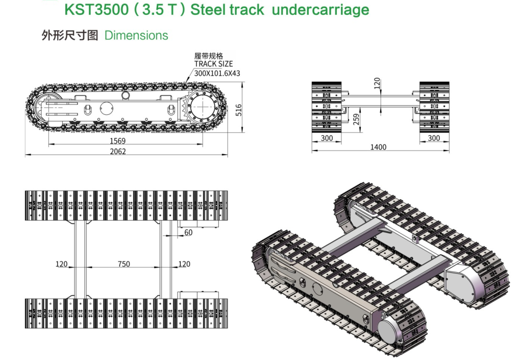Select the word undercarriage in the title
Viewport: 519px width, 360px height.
(320, 10)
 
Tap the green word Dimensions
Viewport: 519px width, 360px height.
(136, 35)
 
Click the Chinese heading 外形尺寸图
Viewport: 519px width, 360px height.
(69, 35)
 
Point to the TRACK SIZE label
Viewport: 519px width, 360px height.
(213, 64)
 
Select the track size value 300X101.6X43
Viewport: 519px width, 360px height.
(217, 73)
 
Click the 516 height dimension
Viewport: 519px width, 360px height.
(239, 109)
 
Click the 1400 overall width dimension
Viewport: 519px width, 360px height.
(378, 147)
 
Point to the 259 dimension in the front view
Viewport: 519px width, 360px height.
(356, 119)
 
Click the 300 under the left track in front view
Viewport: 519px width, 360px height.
(327, 138)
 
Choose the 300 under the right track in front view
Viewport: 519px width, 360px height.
(434, 138)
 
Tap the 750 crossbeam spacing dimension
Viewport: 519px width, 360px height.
(123, 264)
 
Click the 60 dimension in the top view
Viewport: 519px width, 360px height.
(188, 232)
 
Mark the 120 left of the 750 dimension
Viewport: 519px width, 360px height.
(61, 264)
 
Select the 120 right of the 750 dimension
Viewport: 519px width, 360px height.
(184, 264)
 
